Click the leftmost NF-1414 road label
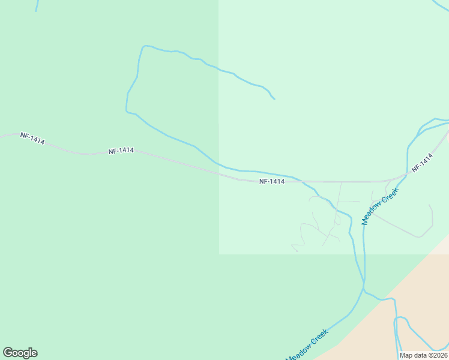point(32,138)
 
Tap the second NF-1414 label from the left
point(121,151)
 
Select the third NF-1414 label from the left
point(272,181)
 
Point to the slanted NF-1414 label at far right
point(422,164)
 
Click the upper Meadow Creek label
point(379,206)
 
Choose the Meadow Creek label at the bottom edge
point(306,345)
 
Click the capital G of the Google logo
point(8,353)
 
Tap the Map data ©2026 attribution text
point(423,355)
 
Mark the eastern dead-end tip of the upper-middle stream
point(274,98)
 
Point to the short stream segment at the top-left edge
point(37,5)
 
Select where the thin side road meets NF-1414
point(341,181)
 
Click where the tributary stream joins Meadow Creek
point(364,290)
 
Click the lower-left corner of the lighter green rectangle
point(219,254)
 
